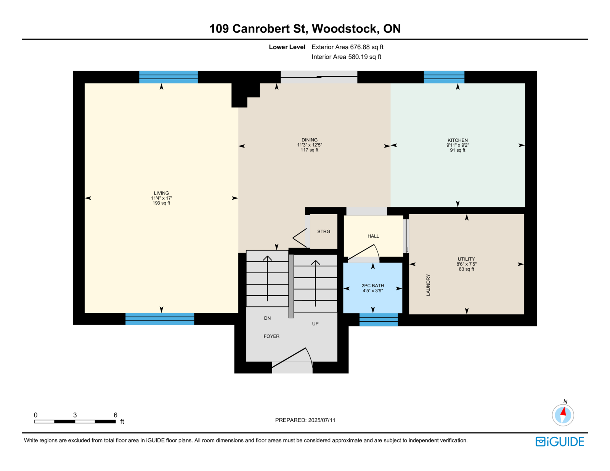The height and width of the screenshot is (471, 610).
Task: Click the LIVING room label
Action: (x=161, y=193)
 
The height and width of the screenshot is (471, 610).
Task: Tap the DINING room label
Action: (x=309, y=140)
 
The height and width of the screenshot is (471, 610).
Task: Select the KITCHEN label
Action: (x=457, y=140)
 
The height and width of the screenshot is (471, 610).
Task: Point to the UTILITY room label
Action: (x=466, y=259)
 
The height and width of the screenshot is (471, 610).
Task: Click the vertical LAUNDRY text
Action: (x=428, y=285)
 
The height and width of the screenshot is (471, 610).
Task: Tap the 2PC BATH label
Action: (x=372, y=286)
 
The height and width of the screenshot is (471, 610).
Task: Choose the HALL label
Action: (x=373, y=236)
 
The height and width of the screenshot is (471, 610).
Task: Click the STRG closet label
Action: (x=324, y=232)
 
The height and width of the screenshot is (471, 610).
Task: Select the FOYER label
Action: (x=271, y=336)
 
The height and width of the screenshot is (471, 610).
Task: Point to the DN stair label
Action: (x=267, y=318)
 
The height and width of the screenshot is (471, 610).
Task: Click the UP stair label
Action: (x=315, y=324)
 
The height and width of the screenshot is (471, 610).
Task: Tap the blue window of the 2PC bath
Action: (x=379, y=320)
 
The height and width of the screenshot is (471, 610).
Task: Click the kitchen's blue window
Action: (x=444, y=77)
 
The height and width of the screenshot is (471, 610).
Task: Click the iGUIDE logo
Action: (x=560, y=442)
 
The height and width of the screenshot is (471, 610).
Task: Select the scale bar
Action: (x=75, y=421)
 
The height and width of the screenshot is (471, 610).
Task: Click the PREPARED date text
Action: (x=305, y=420)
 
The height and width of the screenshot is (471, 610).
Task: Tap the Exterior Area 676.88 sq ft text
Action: (x=347, y=47)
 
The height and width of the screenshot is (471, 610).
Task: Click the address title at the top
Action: (x=305, y=29)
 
